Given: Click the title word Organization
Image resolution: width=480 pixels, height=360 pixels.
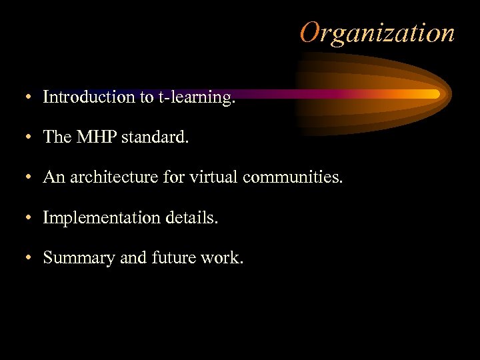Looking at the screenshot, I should tap(377, 32).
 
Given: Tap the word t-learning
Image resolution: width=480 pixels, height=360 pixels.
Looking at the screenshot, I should tap(197, 97).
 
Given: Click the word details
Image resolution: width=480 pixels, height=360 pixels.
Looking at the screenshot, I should tap(192, 217).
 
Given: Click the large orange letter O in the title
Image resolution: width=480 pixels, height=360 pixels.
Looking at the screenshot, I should tap(311, 32).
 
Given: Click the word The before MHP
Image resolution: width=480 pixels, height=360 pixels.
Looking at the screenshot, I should tap(57, 137).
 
